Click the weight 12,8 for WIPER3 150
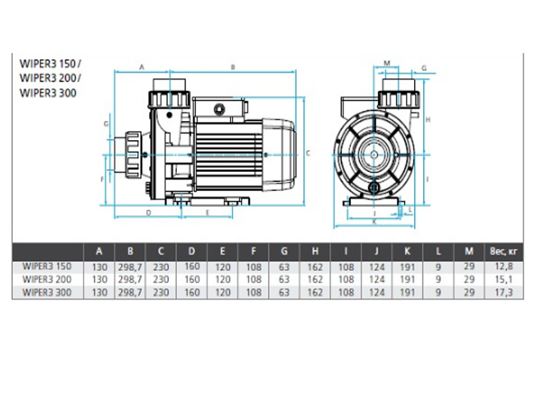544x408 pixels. tap(503, 267)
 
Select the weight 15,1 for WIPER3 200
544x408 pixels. tap(503, 279)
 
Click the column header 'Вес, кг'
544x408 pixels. tap(503, 251)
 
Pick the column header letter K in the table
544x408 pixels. tap(407, 251)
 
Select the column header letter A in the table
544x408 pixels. tap(99, 251)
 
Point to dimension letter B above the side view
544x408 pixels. tap(233, 67)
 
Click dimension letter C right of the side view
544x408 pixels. tap(307, 153)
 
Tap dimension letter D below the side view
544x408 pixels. tap(148, 213)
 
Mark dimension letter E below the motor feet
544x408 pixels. tap(209, 213)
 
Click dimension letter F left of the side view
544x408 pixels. tap(101, 180)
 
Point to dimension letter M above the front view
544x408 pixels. tap(387, 63)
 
